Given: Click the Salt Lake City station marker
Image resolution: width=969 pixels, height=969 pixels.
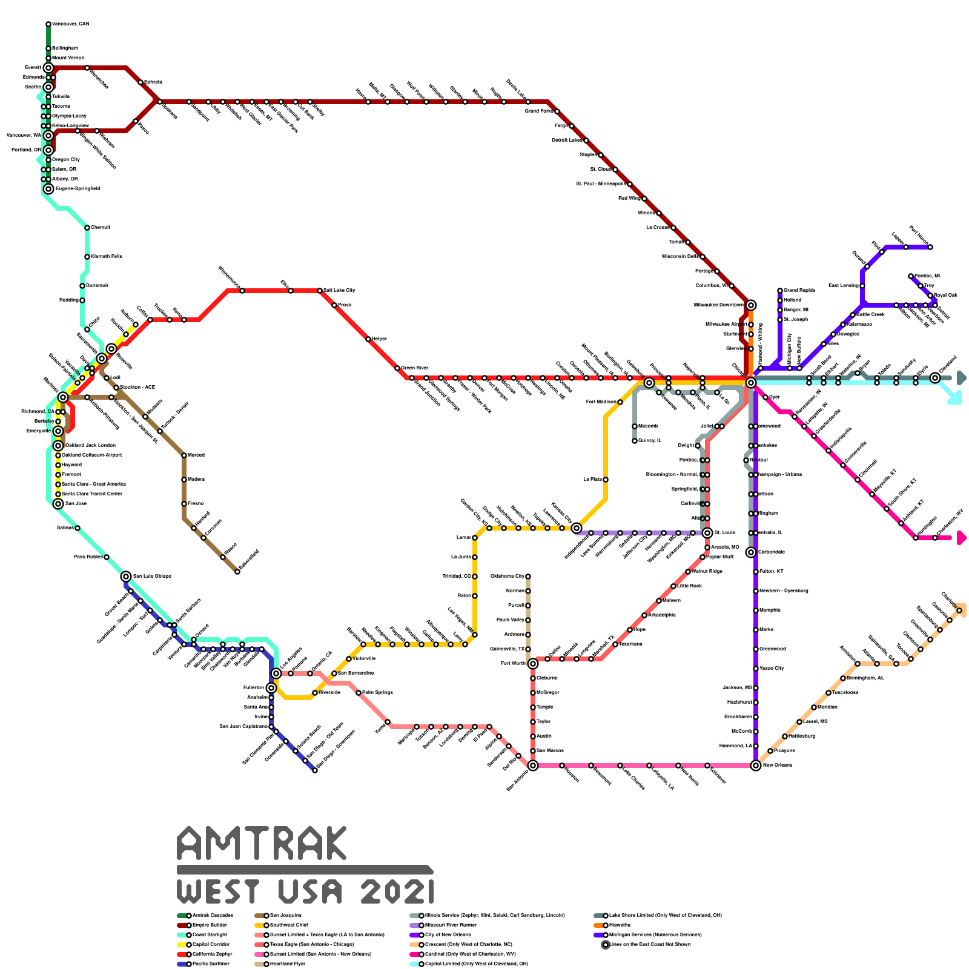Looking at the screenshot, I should click(320, 291).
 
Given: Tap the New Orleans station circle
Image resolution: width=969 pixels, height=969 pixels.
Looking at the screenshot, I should click(755, 766).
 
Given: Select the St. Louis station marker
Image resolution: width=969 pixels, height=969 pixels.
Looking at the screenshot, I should click(707, 533).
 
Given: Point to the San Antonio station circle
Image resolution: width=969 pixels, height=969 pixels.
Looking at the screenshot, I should click(533, 766).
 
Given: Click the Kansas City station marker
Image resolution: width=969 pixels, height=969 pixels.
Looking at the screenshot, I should click(577, 528).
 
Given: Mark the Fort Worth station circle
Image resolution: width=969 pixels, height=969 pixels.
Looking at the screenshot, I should click(533, 664).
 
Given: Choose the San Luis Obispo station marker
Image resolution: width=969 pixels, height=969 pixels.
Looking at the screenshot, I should click(126, 577).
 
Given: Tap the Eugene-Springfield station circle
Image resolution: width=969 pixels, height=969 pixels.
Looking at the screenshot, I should click(48, 189).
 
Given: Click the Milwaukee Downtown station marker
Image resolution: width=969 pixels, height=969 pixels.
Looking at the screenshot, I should click(751, 305).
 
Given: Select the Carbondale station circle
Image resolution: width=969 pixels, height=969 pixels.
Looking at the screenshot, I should click(751, 552).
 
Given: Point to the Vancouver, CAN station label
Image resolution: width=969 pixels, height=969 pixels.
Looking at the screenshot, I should click(70, 24).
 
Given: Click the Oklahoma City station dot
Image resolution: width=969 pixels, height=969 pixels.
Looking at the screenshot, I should click(528, 577).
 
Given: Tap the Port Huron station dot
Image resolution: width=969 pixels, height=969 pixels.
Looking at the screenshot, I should click(930, 247).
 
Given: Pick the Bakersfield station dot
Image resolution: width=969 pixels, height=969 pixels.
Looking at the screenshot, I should click(237, 572).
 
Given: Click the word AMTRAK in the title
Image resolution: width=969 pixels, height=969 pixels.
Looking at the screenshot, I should click(262, 843).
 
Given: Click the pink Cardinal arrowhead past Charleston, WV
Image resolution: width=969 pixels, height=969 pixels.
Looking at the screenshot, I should click(961, 538).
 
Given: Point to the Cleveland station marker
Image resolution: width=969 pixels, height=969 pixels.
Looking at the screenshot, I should click(935, 378).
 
